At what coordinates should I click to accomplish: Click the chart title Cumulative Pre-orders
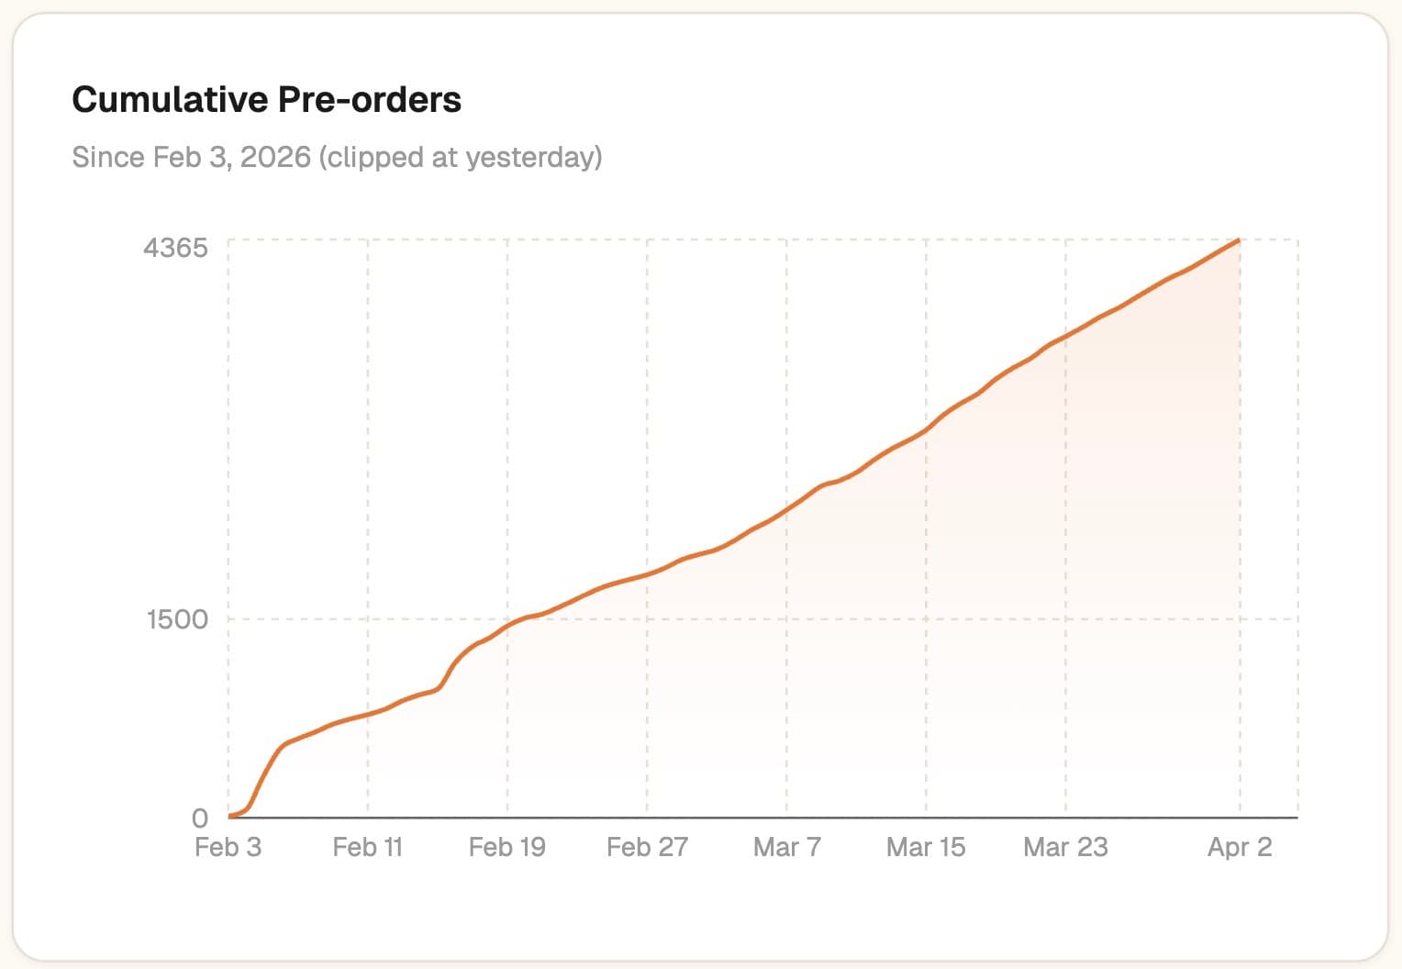(x=266, y=100)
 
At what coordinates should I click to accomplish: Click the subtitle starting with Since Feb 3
(x=337, y=157)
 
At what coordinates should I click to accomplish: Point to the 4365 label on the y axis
(x=175, y=248)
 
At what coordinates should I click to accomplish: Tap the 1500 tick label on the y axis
(x=177, y=619)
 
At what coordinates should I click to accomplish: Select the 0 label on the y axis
(x=200, y=818)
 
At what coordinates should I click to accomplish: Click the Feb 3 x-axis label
(x=228, y=847)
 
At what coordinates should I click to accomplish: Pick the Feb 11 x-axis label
(x=367, y=847)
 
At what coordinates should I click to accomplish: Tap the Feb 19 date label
(x=506, y=847)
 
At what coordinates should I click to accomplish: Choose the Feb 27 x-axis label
(x=647, y=847)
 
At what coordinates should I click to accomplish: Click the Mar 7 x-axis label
(x=786, y=847)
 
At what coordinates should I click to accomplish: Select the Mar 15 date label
(x=926, y=847)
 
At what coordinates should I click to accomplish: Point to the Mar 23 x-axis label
(x=1065, y=847)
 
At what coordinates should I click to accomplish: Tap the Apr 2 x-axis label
(x=1240, y=847)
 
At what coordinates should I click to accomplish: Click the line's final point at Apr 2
(x=1240, y=240)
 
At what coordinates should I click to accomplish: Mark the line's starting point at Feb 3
(x=228, y=817)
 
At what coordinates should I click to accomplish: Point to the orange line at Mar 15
(x=926, y=429)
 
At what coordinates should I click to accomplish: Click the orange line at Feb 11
(x=368, y=715)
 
